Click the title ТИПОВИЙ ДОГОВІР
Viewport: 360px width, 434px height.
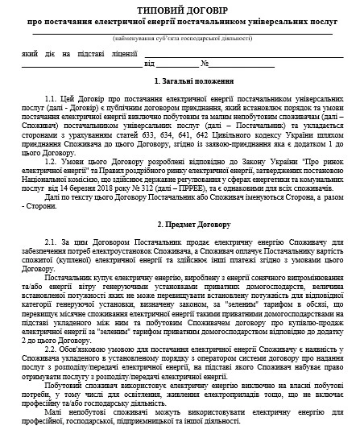pos(180,8)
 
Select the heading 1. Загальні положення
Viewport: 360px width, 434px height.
pos(180,82)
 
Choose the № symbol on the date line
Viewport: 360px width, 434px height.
pos(205,62)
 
